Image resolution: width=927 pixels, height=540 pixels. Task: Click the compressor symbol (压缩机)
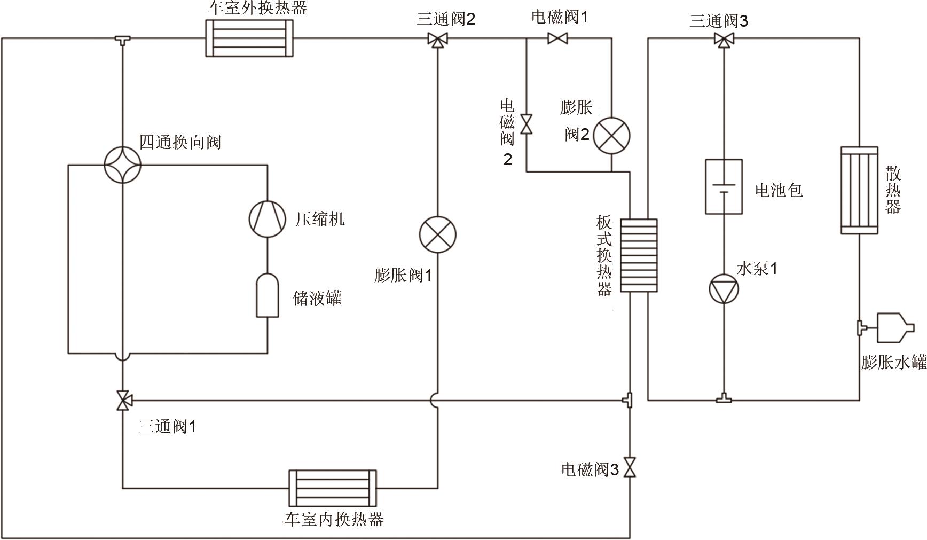[x=268, y=218]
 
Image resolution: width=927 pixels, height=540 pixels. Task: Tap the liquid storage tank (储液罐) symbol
[x=267, y=295]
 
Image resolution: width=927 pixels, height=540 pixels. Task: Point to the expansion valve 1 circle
[x=437, y=234]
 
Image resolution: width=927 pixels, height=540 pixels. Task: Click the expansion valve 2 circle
[x=611, y=136]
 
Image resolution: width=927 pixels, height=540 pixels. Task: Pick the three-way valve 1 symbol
[x=123, y=400]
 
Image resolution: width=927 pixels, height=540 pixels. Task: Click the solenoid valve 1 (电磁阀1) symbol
[x=557, y=38]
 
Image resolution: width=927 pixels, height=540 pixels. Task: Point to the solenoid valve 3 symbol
[x=630, y=468]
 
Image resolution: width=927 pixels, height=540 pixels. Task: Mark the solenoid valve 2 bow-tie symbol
[x=527, y=124]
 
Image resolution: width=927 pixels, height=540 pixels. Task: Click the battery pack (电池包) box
[x=724, y=186]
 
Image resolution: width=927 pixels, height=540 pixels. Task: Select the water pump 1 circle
[x=724, y=289]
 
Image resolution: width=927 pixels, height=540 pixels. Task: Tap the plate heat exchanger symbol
[x=639, y=255]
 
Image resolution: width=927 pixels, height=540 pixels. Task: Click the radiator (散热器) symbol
[x=859, y=190]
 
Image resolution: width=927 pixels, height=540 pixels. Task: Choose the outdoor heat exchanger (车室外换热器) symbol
[x=249, y=38]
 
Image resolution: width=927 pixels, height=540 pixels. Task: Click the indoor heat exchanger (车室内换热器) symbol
[x=332, y=488]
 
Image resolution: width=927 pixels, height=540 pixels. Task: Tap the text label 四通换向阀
[x=180, y=143]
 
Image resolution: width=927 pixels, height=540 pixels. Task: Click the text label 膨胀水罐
[x=893, y=363]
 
